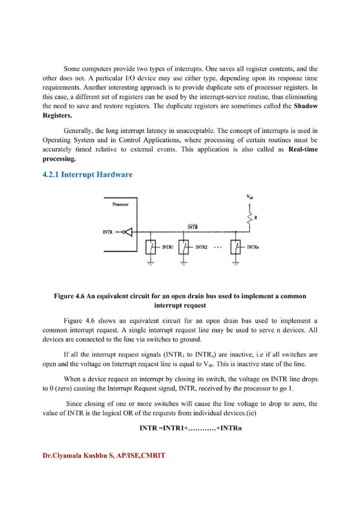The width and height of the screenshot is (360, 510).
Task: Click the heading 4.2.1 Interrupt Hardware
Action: [87, 175]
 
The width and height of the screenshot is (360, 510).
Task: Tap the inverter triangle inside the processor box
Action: [131, 232]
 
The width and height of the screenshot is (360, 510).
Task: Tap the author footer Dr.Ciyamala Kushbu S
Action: [104, 455]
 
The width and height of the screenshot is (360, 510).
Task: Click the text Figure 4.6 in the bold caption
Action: [73, 296]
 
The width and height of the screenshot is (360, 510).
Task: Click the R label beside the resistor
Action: [257, 216]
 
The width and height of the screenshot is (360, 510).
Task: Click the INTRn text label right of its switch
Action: [252, 247]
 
